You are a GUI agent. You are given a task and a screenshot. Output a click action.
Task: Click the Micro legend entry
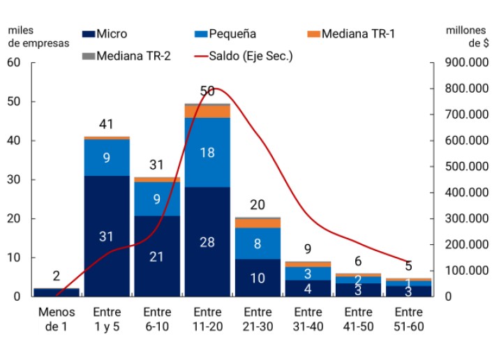tap(105, 33)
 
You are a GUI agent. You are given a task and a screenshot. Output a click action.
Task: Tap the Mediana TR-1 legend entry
tap(352, 33)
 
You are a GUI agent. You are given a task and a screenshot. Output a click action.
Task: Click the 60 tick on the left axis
tap(15, 63)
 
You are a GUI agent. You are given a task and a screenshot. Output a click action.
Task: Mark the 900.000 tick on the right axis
tap(463, 63)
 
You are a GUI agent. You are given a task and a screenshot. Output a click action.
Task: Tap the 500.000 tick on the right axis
tap(463, 167)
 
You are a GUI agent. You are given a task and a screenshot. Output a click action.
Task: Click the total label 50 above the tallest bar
tap(207, 91)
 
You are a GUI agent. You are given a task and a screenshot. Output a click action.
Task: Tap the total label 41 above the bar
tap(106, 125)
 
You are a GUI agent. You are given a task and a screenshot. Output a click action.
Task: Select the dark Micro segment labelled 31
tap(106, 236)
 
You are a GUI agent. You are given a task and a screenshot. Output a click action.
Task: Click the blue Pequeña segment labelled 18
tap(207, 153)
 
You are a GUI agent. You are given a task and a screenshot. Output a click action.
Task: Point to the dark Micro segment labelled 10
tap(258, 278)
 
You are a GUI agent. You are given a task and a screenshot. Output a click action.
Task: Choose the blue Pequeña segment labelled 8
tap(258, 243)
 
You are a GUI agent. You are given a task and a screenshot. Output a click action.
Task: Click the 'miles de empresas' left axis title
tap(39, 36)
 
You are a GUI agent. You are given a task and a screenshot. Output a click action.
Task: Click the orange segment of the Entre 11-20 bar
tap(207, 112)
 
